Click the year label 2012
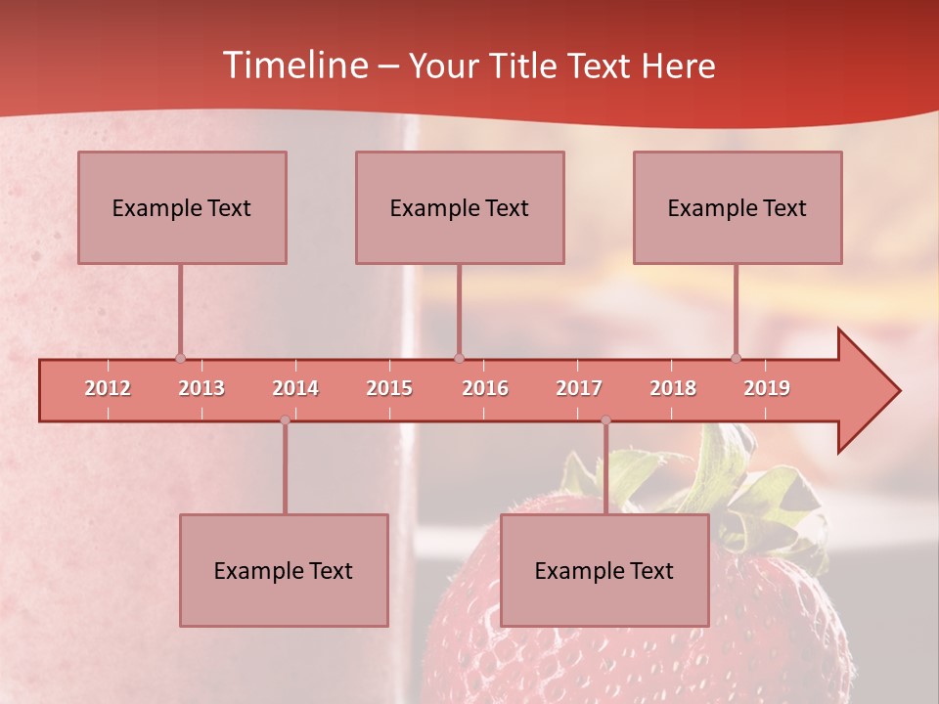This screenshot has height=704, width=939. click(108, 388)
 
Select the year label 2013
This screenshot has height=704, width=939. click(201, 388)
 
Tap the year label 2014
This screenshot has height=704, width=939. click(295, 388)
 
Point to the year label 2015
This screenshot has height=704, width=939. click(389, 388)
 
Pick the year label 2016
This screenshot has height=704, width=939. click(485, 388)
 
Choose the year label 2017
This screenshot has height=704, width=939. click(579, 388)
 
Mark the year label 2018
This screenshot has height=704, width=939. click(673, 388)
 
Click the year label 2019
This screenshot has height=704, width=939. click(767, 388)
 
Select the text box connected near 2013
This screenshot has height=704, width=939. click(182, 207)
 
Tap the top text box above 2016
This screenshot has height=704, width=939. click(460, 207)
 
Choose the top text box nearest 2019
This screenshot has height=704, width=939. click(738, 207)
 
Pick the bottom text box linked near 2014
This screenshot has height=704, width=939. click(284, 570)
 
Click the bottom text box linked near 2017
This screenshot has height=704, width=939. click(604, 570)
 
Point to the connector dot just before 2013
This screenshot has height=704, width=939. click(180, 358)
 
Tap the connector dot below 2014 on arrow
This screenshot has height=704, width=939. click(285, 420)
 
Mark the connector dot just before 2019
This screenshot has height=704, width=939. click(736, 358)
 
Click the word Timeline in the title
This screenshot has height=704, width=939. click(293, 66)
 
